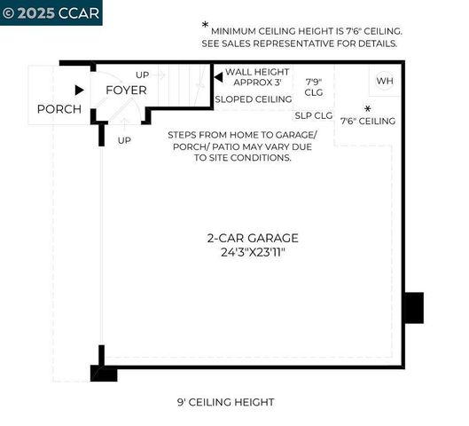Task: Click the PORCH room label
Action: click(59, 109)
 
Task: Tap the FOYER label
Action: click(127, 91)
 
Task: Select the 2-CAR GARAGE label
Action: click(253, 238)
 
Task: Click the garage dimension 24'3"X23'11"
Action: click(253, 252)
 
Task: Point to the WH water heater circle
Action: click(384, 81)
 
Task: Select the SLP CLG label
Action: click(313, 114)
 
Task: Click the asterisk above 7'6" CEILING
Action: click(367, 109)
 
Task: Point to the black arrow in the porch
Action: click(80, 90)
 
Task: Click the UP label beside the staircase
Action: click(143, 75)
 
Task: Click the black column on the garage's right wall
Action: click(413, 308)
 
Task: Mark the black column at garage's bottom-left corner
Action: click(104, 373)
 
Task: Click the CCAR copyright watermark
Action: click(51, 12)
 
